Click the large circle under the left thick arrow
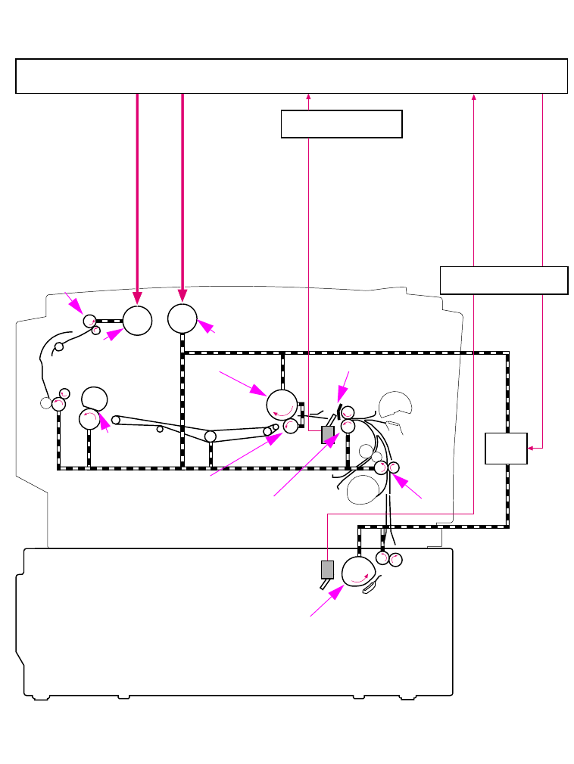137,320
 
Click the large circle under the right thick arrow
182,318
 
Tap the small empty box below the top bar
341,124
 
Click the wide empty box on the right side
504,280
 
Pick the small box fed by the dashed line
506,449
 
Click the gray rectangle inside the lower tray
327,570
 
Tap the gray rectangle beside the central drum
328,434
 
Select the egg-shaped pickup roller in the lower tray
358,571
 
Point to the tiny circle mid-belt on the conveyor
160,429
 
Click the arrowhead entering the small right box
532,449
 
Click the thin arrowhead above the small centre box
309,96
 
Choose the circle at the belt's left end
116,420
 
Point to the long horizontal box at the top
292,76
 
